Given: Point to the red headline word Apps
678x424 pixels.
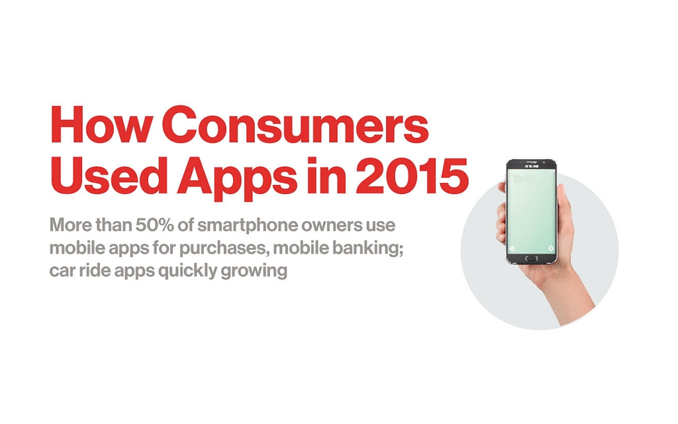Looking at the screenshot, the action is pyautogui.click(x=237, y=178).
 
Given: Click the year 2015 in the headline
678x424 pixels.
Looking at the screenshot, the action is pyautogui.click(x=412, y=175).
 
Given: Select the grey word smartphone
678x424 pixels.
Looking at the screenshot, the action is pyautogui.click(x=248, y=227).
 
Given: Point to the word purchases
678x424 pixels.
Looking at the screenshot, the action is pyautogui.click(x=224, y=249).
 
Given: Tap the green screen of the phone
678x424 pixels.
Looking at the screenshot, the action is pyautogui.click(x=532, y=211).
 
